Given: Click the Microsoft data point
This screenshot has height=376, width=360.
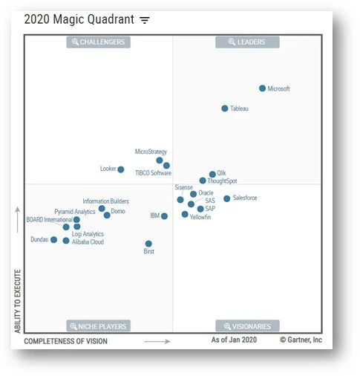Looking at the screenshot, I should (x=262, y=88).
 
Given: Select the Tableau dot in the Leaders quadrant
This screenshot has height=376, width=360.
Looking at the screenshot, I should (x=225, y=108).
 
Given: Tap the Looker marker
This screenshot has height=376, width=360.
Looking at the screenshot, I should (x=121, y=169).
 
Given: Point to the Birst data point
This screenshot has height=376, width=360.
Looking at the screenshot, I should (x=148, y=244).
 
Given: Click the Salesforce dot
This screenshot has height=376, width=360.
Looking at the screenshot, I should (x=227, y=198).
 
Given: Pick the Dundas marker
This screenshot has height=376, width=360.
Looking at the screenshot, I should (x=53, y=240).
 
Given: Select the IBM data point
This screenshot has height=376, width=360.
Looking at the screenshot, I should (x=164, y=216).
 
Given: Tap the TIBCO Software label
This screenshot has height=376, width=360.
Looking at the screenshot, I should (x=153, y=173).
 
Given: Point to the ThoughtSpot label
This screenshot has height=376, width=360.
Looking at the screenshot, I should (x=223, y=181).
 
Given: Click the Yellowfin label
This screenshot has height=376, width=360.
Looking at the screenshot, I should (x=200, y=217).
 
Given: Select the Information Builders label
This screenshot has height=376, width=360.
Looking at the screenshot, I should (x=105, y=201).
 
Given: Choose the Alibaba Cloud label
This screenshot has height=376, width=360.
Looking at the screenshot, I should (x=88, y=242).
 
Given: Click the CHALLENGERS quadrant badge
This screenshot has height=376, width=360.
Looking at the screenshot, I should (x=98, y=42).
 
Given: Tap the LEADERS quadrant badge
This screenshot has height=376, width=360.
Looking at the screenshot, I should (x=247, y=42).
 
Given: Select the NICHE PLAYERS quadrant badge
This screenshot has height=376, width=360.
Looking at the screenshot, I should (x=98, y=326).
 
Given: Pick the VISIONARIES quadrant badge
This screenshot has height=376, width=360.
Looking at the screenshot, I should (x=247, y=326).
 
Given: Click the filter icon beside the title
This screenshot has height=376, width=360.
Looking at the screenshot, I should (x=144, y=20).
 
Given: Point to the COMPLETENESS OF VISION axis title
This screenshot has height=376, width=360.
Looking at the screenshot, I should (x=65, y=342).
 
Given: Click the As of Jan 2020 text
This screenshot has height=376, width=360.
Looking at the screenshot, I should (x=234, y=340).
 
